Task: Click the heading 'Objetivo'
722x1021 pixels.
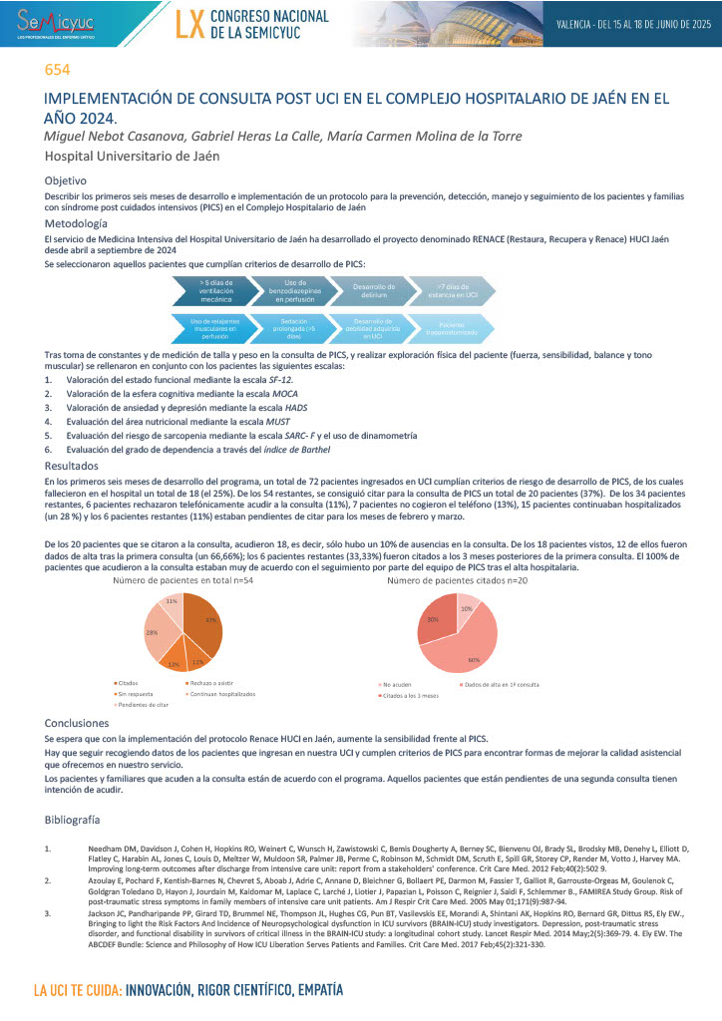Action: [x=66, y=180]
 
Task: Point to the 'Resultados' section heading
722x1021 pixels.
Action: [x=72, y=466]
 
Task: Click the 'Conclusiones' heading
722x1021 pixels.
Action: [x=78, y=723]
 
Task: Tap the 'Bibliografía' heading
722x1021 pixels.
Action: [x=73, y=819]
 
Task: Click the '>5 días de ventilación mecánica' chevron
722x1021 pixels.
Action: [x=209, y=289]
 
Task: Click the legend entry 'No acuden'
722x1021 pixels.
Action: [x=396, y=684]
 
